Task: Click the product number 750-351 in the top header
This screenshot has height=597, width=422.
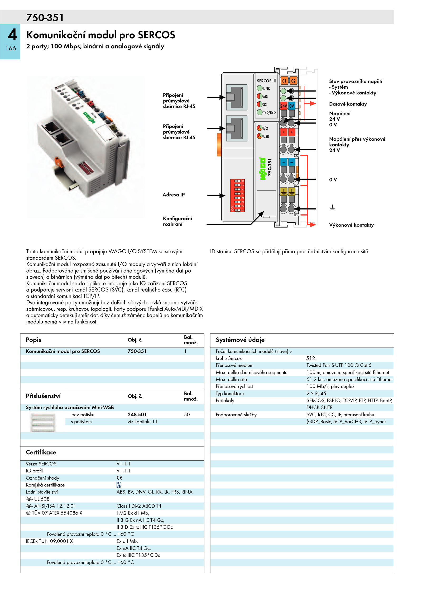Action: tap(45, 18)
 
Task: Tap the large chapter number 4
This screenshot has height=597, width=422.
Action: tap(12, 35)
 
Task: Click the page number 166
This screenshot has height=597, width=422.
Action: tap(11, 48)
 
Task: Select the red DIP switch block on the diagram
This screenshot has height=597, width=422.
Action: tap(237, 195)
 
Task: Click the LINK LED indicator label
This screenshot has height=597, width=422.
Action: tap(266, 88)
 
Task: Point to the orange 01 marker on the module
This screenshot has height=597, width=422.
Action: tap(284, 81)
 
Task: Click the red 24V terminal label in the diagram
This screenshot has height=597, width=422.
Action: tap(284, 106)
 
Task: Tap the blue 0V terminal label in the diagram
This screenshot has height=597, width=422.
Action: tap(291, 106)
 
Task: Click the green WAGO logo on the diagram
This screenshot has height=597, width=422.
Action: tap(263, 169)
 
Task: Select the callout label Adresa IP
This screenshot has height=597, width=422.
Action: tap(174, 195)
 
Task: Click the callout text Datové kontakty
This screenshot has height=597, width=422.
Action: tap(348, 104)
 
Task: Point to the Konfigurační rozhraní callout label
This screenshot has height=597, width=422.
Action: tap(177, 221)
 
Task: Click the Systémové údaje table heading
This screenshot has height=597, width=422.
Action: tap(240, 340)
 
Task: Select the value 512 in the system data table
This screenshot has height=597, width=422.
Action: tap(310, 358)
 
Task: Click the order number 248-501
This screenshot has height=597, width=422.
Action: tap(137, 414)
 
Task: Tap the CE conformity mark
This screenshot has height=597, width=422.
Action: tap(119, 478)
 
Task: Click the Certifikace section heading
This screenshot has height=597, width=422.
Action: tap(41, 452)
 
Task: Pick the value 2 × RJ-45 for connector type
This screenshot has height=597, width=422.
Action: tap(316, 393)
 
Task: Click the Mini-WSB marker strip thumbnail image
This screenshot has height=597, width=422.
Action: tap(43, 422)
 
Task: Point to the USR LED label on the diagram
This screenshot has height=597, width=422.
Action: tap(266, 136)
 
